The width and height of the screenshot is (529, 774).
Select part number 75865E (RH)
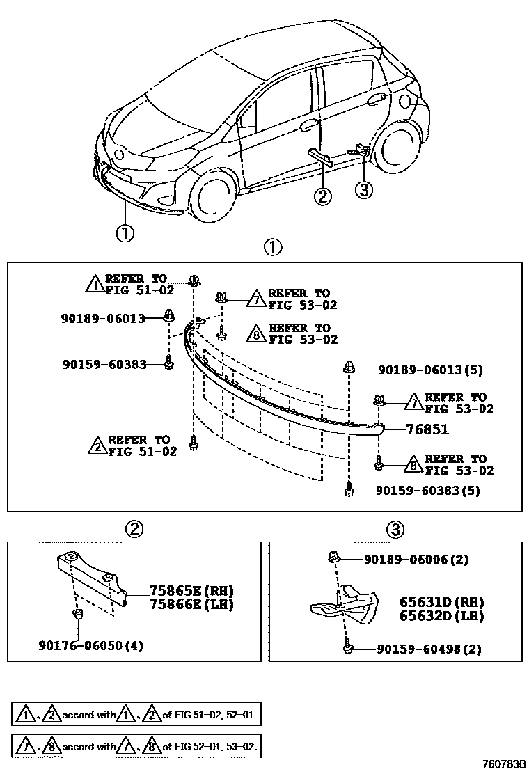click(x=190, y=590)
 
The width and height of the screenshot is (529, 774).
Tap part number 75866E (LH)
click(x=190, y=604)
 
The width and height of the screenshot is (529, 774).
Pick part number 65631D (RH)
click(x=441, y=602)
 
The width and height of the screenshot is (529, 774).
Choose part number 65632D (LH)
click(x=441, y=616)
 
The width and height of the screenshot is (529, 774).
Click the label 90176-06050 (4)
click(x=90, y=645)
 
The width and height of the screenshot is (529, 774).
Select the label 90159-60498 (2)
click(x=428, y=649)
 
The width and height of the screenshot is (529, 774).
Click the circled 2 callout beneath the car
click(x=323, y=197)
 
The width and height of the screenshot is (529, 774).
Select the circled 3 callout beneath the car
click(x=364, y=189)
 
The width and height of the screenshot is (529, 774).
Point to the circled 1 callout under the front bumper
click(x=125, y=232)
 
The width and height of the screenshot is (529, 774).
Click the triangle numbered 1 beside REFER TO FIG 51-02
click(x=94, y=283)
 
